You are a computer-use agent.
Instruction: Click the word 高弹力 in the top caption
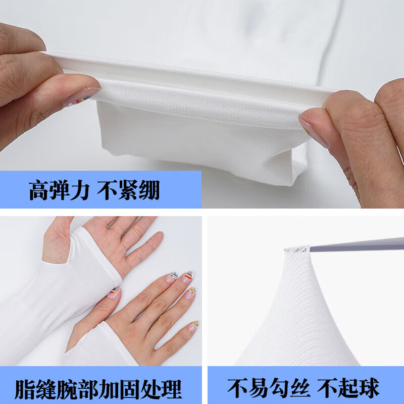tap(59, 190)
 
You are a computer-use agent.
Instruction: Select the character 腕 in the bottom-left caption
tap(80, 389)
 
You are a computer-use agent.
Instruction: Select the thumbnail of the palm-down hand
tap(114, 292)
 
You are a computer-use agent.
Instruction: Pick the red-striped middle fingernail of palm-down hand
tap(187, 276)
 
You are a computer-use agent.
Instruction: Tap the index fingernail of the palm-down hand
tap(172, 277)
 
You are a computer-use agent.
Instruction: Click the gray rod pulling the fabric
tap(353, 245)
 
